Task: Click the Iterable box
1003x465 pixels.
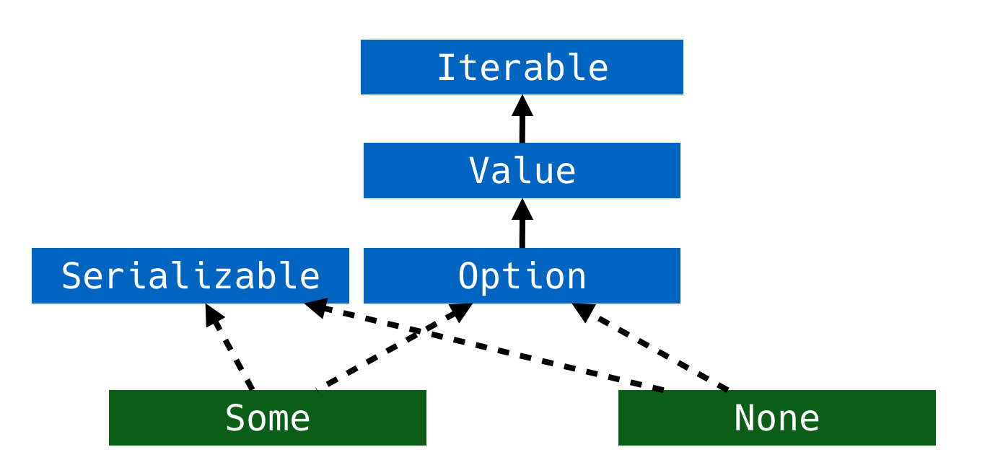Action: tap(522, 67)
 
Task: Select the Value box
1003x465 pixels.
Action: tap(522, 171)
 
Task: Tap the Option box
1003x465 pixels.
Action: tap(522, 275)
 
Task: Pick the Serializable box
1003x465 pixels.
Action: tap(190, 275)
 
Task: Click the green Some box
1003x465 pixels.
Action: tap(267, 417)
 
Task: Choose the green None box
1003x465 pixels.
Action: tap(777, 417)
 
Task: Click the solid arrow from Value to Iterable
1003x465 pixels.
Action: tap(522, 119)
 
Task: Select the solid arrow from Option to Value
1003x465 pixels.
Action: tap(522, 223)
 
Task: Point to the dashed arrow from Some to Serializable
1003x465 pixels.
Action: tap(229, 347)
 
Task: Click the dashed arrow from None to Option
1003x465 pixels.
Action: tap(649, 347)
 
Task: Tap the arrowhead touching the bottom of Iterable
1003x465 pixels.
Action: tap(522, 106)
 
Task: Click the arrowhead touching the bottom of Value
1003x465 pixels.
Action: tap(522, 210)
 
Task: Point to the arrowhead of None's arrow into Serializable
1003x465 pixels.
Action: tap(316, 308)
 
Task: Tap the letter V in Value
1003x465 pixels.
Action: tap(479, 171)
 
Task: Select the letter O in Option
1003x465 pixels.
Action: tap(468, 275)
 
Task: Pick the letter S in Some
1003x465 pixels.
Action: tap(235, 417)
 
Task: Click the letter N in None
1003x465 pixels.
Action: tap(744, 417)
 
